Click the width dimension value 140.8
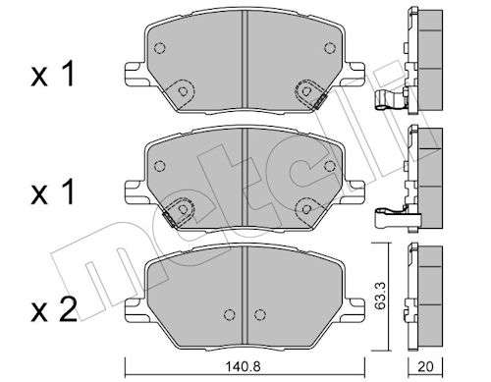pos(244,366)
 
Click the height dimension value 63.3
pos(381,297)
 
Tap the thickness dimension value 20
pos(425,366)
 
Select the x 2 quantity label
pos(54,308)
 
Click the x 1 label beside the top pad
pos(53,75)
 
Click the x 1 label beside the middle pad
pos(53,191)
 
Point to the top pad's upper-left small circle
pos(159,48)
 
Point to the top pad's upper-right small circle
pos(330,48)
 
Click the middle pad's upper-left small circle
pos(159,166)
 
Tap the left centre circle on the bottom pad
pos(230,314)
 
